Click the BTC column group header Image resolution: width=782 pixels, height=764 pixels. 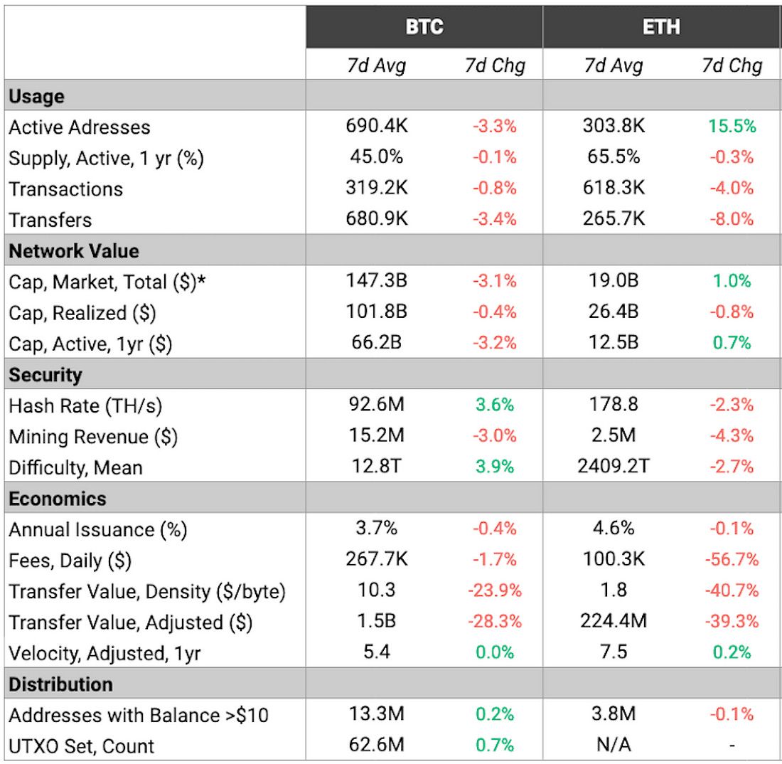point(424,27)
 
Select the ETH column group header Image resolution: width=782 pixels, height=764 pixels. point(661,27)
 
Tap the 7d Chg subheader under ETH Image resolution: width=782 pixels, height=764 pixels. point(732,66)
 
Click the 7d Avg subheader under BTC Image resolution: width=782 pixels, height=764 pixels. point(376,66)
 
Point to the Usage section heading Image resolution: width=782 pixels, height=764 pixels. point(36,96)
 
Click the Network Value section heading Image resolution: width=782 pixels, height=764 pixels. point(74,251)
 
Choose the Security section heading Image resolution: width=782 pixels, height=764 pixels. point(45,375)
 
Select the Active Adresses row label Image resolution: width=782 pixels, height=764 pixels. point(80,127)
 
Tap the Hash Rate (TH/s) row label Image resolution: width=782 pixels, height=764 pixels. point(85,406)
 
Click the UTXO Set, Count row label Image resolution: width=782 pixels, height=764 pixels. point(81,746)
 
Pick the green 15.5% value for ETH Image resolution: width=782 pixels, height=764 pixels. point(732,127)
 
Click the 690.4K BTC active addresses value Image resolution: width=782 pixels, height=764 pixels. point(376,127)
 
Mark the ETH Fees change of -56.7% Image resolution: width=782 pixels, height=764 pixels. point(732,560)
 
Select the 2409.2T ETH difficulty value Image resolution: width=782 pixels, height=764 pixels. point(613,467)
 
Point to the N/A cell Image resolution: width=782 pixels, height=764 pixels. point(613,745)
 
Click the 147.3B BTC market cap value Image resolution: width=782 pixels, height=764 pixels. point(376,281)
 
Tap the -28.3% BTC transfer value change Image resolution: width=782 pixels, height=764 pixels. point(494,621)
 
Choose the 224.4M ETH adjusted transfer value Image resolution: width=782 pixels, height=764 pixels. point(613,621)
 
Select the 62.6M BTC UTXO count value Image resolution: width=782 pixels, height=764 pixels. point(376,745)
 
